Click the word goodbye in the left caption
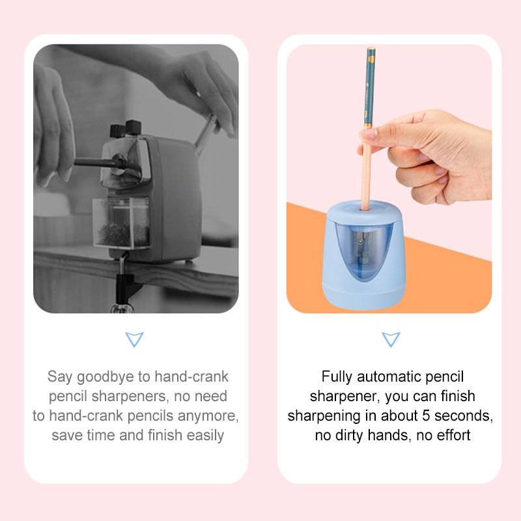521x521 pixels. [x=105, y=377]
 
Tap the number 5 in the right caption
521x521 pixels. [x=426, y=415]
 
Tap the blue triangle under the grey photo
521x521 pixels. [x=134, y=339]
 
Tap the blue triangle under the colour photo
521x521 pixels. [x=391, y=339]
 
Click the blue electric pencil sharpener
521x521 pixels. [x=364, y=256]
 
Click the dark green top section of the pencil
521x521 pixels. [x=370, y=87]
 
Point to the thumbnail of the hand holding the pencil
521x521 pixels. [x=369, y=134]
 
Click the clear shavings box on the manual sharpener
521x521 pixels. [x=121, y=223]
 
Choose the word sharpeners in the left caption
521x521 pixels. [x=128, y=397]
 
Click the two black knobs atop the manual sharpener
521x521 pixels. [x=126, y=128]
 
